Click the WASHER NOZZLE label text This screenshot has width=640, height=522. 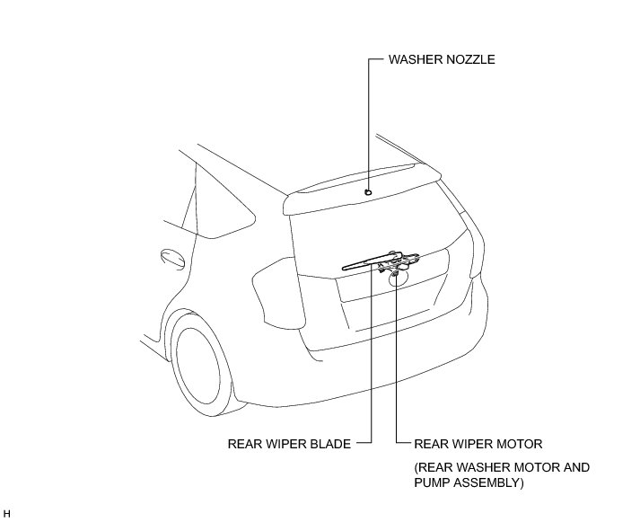pos(441,60)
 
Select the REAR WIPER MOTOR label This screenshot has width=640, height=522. pos(478,443)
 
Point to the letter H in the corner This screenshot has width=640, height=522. pos(7,512)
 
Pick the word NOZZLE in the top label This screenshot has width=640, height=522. pos(469,60)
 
